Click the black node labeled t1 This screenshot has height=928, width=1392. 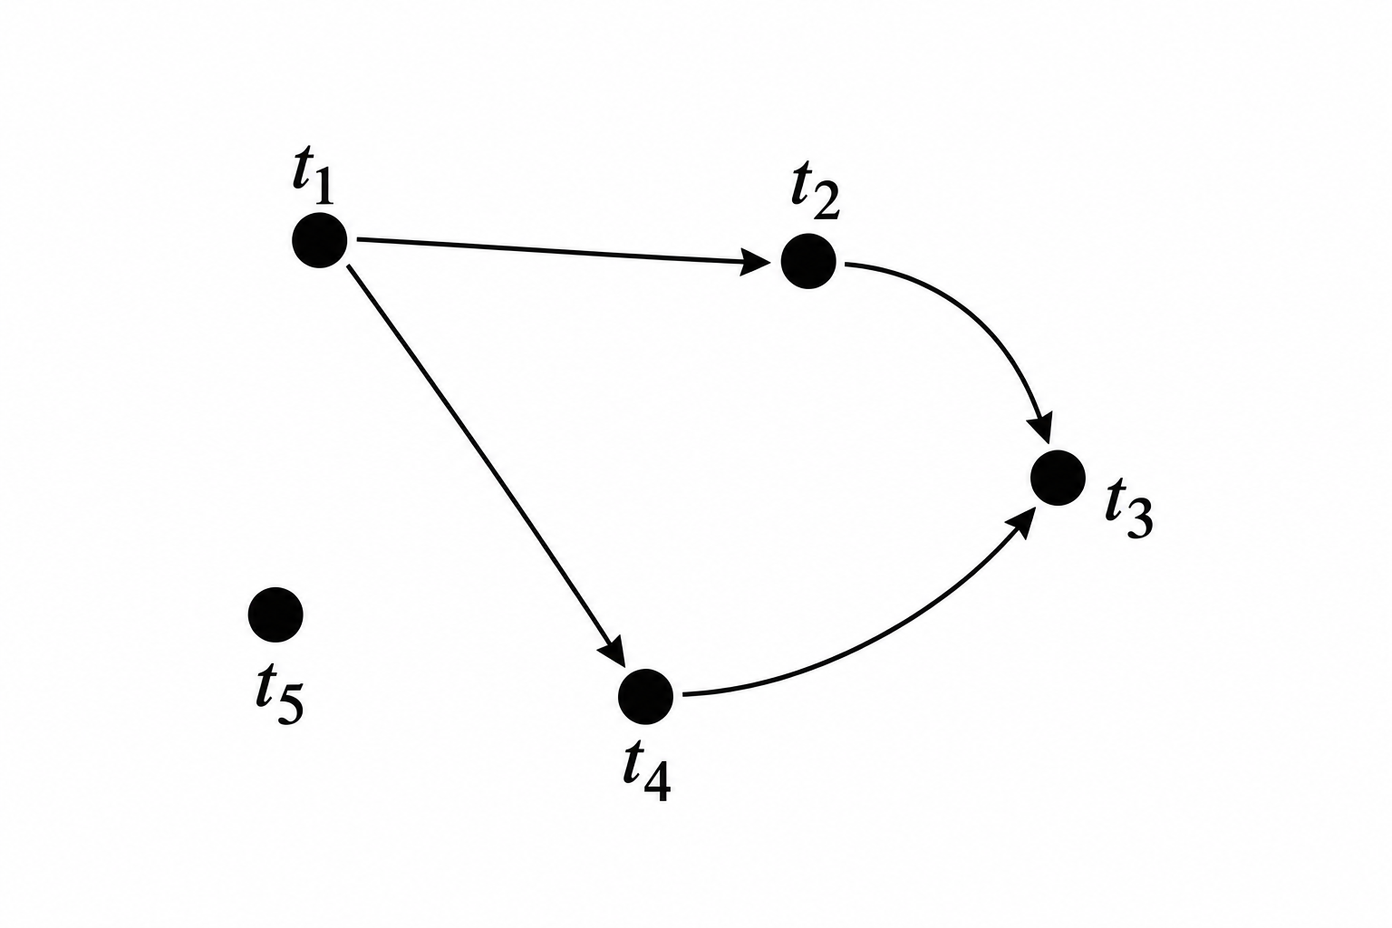[319, 240]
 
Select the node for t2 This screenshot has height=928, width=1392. [808, 261]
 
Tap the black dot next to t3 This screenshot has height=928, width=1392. [1058, 478]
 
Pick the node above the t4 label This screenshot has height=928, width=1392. [645, 696]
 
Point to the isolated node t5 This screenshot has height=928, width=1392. [275, 614]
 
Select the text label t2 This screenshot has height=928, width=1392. [816, 195]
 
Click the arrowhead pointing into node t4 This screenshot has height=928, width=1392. [612, 651]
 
